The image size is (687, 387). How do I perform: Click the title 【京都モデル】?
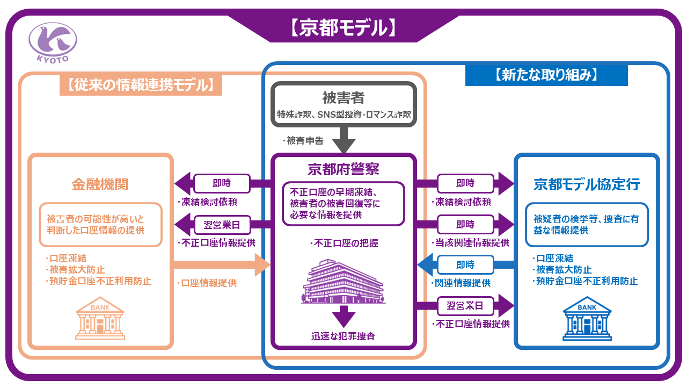(x=343, y=28)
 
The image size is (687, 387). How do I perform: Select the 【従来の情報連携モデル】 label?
(x=141, y=84)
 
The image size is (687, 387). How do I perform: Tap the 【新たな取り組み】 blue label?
(x=546, y=75)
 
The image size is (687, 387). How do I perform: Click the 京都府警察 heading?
(x=343, y=169)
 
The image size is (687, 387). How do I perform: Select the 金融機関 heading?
(x=100, y=184)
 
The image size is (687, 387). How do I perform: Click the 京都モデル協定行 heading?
(x=587, y=184)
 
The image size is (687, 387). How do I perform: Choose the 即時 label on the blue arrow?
(x=465, y=264)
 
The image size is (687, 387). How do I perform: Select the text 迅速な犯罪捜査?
(x=343, y=337)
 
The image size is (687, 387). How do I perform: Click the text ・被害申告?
(x=303, y=141)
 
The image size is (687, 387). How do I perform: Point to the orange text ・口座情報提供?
(x=207, y=283)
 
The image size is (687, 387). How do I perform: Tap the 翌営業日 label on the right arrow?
(x=465, y=306)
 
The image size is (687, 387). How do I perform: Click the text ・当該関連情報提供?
(x=471, y=242)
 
